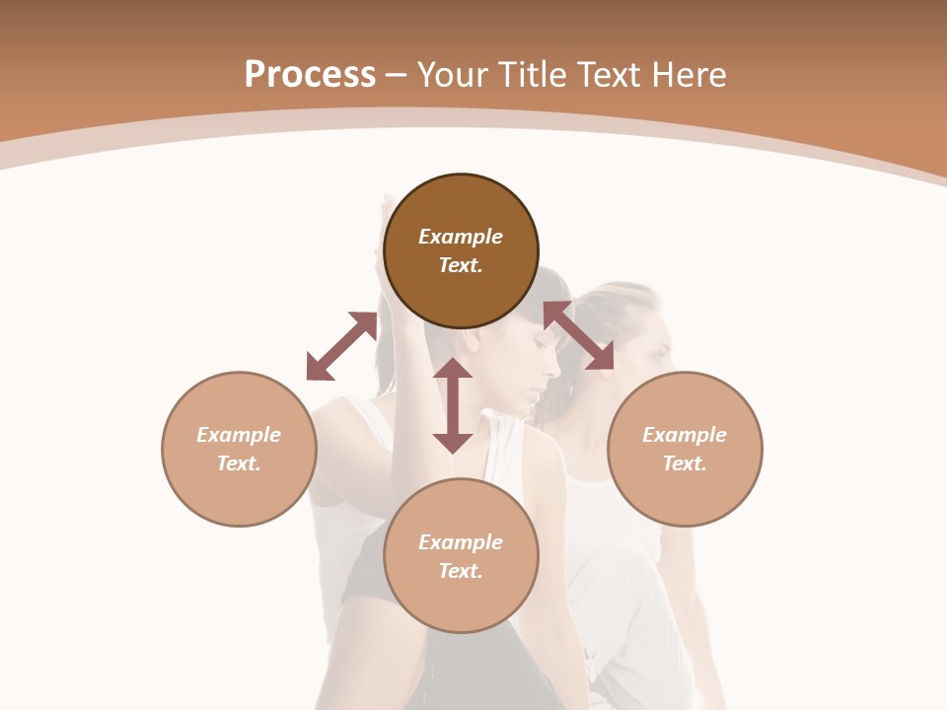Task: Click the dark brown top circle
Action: tap(461, 251)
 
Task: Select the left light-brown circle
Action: tap(239, 449)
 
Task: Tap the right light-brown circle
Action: tap(685, 449)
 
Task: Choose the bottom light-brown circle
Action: tap(461, 556)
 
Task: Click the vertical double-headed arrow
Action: tap(453, 405)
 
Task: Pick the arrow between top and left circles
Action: tap(341, 346)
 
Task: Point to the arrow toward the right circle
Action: tap(578, 335)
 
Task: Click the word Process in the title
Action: tap(310, 74)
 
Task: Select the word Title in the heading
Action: tap(534, 74)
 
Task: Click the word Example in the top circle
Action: tap(461, 237)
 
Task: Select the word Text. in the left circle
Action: tap(239, 463)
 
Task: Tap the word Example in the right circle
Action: tap(685, 435)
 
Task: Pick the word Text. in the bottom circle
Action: tap(461, 571)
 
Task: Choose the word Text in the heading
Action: tap(608, 74)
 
